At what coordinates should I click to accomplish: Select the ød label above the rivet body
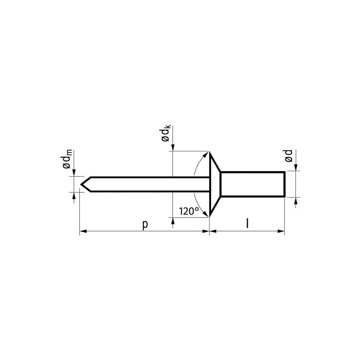(x=289, y=156)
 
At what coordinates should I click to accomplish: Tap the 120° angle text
(x=188, y=211)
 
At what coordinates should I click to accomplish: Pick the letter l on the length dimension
(x=247, y=223)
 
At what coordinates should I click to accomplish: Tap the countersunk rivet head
(x=215, y=184)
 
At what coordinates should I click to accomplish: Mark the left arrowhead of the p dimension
(x=83, y=231)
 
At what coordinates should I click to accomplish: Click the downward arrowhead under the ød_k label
(x=173, y=147)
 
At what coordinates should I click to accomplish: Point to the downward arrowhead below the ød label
(x=296, y=168)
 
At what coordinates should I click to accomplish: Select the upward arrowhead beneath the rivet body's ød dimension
(x=296, y=201)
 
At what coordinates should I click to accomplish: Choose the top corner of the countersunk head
(x=210, y=152)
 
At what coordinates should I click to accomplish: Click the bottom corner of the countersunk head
(x=210, y=216)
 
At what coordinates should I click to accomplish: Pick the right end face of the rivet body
(x=285, y=184)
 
